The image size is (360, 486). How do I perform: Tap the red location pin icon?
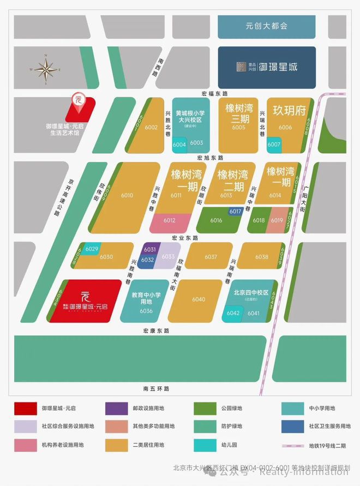coord(77,100)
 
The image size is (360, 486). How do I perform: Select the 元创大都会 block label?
coord(266,26)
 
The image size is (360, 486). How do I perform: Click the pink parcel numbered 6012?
coord(169,221)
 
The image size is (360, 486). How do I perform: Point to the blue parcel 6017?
coord(235,211)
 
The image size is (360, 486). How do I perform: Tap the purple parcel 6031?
coord(149,249)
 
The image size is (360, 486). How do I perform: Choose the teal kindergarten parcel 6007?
coord(274,145)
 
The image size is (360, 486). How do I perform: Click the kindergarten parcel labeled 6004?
coord(179,145)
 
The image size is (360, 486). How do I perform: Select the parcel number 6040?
coord(199,299)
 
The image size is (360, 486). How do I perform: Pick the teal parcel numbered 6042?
coord(233,313)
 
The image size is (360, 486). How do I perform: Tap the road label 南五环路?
coord(157,388)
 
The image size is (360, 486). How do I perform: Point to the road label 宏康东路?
coord(157,331)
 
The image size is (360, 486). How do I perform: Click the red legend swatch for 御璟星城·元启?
coord(23,407)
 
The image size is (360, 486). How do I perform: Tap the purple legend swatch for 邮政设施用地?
coord(115,407)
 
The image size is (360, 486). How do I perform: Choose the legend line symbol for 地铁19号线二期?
coord(293,445)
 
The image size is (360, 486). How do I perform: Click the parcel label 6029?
coord(92,249)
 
